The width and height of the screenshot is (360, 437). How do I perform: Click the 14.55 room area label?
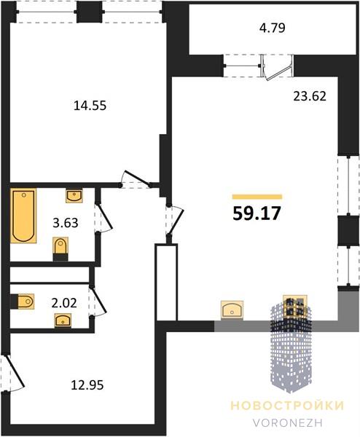90,106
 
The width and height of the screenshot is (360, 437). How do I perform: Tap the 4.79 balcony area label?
273,28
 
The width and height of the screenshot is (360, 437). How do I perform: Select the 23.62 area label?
310,96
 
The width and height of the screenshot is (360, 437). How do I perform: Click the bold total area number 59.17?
257,214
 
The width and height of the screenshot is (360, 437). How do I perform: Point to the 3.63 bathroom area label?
66,223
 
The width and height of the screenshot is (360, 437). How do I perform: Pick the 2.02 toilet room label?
64,303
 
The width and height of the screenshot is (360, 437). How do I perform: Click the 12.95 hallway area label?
87,385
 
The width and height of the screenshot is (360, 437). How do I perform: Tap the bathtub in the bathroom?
23,216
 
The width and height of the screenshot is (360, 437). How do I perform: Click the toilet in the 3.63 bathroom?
60,249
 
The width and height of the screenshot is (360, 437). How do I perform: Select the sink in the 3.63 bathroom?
74,196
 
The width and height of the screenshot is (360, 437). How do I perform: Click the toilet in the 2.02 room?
23,302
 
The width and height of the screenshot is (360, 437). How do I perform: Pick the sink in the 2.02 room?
63,320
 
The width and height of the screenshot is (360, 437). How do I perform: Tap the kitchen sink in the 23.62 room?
232,310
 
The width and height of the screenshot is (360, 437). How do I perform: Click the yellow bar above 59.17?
257,197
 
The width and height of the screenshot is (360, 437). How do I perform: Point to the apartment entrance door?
13,373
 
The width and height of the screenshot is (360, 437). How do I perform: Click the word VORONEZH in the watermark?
288,422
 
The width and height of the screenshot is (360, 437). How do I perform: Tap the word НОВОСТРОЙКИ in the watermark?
288,406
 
